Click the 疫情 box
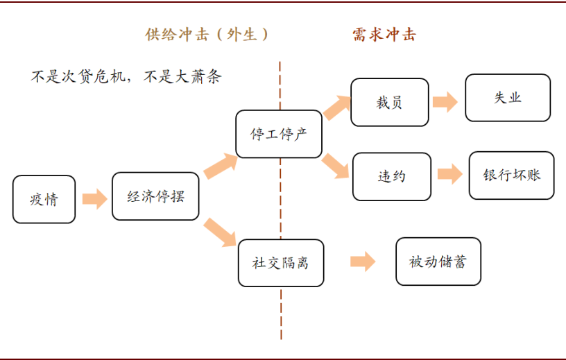(x=44, y=199)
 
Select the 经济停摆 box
(x=155, y=196)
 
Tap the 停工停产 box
(x=279, y=134)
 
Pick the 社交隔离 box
(x=281, y=263)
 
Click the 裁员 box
(x=390, y=102)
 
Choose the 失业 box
(x=508, y=98)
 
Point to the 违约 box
(x=392, y=177)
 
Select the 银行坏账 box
(x=511, y=175)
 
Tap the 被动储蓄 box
(x=438, y=262)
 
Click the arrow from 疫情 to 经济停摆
(x=94, y=199)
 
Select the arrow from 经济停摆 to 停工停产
(x=220, y=166)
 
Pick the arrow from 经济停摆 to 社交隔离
(x=220, y=232)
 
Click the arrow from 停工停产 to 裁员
(x=337, y=108)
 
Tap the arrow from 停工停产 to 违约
(x=335, y=166)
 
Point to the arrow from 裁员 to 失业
(x=445, y=102)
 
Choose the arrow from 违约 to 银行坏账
(x=449, y=174)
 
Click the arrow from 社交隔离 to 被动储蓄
(x=363, y=262)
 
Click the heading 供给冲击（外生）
(x=207, y=35)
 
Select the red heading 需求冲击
(x=384, y=35)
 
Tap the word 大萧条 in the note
(x=198, y=76)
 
